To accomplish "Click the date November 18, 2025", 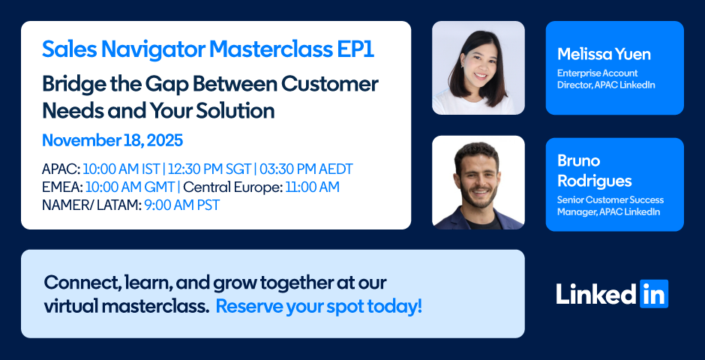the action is tap(112, 141).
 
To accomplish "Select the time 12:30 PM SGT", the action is tap(209, 169).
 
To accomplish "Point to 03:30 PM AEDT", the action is tap(306, 169).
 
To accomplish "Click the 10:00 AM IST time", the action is tap(121, 169).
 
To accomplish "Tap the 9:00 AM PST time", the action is tap(182, 205).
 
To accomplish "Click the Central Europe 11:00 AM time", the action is tap(312, 187).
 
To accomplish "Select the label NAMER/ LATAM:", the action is tap(91, 205).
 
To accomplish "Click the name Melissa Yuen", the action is tap(604, 54).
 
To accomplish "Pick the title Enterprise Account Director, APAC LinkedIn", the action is tap(606, 79).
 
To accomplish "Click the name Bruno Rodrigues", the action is tap(595, 171).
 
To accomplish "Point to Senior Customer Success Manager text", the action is tap(610, 205).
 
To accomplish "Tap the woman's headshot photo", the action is tap(478, 67).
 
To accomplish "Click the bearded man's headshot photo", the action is tap(478, 182).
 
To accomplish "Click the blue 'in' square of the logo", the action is tap(654, 294).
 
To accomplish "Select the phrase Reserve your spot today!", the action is tap(319, 307).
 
